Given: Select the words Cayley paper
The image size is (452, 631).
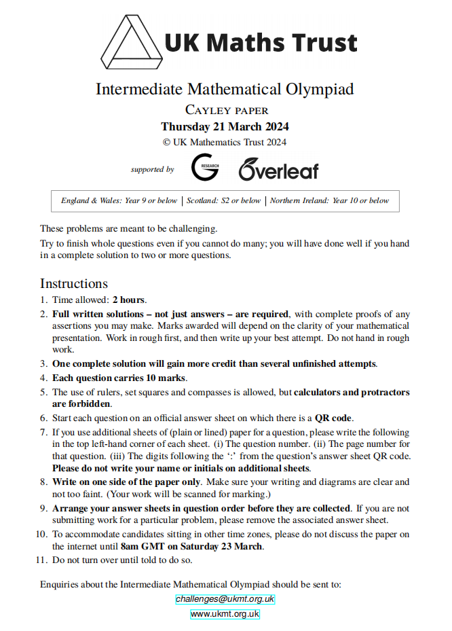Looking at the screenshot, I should pyautogui.click(x=227, y=110).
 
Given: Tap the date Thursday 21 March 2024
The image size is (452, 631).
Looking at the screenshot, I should pyautogui.click(x=225, y=127).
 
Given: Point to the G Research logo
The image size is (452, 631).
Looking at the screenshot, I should pyautogui.click(x=204, y=167).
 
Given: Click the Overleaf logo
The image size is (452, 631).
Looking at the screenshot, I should pyautogui.click(x=278, y=169).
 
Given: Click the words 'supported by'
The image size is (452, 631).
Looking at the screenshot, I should pyautogui.click(x=152, y=169).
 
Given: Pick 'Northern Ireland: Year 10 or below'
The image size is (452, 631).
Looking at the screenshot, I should pyautogui.click(x=330, y=200).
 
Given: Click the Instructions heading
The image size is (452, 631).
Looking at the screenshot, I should pyautogui.click(x=73, y=283).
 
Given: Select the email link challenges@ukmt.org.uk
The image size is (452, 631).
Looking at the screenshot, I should pyautogui.click(x=225, y=599).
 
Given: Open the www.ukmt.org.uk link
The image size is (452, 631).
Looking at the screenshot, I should pyautogui.click(x=225, y=614).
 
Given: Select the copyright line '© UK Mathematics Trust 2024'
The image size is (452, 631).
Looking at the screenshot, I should pyautogui.click(x=225, y=142).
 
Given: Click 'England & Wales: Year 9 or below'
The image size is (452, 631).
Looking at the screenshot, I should pyautogui.click(x=119, y=200).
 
